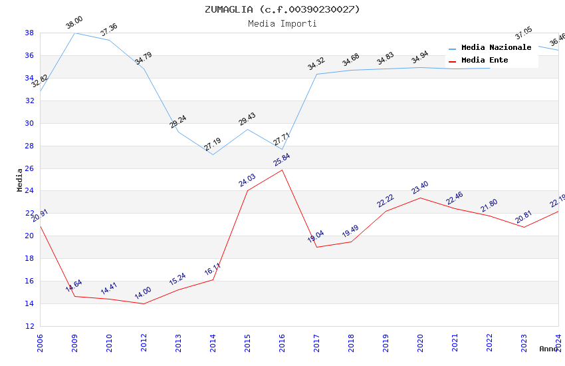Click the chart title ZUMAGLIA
282,9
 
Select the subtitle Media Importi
282,23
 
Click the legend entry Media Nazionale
496,47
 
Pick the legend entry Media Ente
485,60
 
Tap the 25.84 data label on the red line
281,160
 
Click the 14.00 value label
143,294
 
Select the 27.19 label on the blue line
213,144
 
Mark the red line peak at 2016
282,170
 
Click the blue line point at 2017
316,74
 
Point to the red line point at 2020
420,198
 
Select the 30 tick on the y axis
30,123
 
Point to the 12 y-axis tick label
30,326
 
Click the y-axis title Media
20,180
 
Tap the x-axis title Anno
548,349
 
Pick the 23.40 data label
419,188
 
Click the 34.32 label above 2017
316,64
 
